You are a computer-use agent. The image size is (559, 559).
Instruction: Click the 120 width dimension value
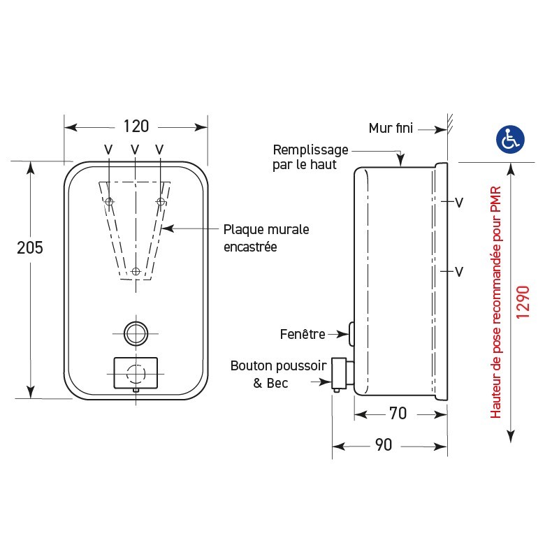[136, 126]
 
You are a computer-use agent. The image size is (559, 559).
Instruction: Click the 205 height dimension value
[30, 247]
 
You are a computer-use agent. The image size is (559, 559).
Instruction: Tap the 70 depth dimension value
[398, 414]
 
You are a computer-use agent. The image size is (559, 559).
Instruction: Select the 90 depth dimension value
[384, 445]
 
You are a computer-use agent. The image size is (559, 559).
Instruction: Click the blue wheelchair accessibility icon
[511, 140]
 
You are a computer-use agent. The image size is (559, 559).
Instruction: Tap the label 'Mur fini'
[391, 128]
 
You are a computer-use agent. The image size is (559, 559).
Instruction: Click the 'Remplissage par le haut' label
[310, 157]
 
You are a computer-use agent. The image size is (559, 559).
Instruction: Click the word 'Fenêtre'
[303, 334]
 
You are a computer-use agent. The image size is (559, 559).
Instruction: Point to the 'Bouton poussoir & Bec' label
[278, 374]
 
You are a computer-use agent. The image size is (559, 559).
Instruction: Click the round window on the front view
[136, 333]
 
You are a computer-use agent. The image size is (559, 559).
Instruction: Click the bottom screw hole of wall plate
[136, 271]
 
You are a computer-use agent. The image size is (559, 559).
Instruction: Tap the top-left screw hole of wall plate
[109, 202]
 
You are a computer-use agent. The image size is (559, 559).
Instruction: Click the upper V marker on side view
[459, 203]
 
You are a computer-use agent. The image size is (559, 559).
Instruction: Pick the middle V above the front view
[134, 149]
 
